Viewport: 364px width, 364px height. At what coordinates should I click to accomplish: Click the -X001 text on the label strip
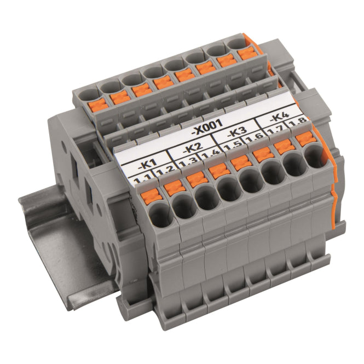click(207, 128)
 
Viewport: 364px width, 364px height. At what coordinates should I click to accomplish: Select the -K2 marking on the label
click(192, 148)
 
